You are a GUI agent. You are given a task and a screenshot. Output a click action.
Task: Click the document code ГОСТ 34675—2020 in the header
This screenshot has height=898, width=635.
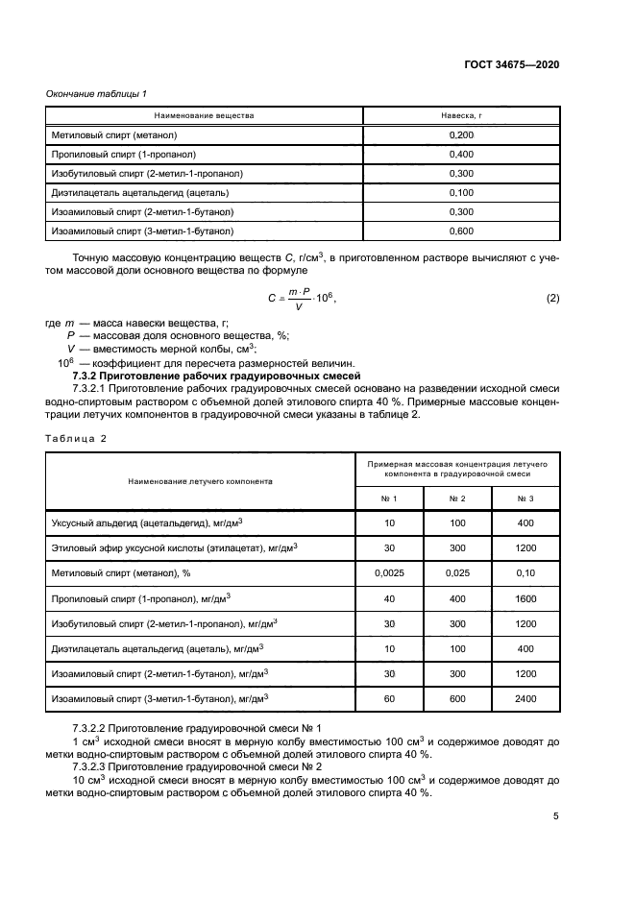[x=514, y=64]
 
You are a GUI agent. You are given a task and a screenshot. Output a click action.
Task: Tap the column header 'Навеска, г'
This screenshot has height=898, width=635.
[x=461, y=115]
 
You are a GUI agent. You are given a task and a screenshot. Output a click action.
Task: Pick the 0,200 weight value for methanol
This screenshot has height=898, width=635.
[x=461, y=135]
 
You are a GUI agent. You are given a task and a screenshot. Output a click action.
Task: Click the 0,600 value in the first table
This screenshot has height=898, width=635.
[x=461, y=231]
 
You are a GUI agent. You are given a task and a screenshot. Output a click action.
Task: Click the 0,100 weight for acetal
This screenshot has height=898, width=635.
[x=461, y=192]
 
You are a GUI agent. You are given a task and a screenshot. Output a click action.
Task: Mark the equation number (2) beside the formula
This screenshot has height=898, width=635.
[x=552, y=299]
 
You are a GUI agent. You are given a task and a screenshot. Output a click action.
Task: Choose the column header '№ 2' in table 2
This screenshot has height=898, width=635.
[x=457, y=498]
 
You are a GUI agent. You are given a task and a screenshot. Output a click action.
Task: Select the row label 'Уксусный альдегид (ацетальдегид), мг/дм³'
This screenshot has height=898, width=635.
[x=146, y=522]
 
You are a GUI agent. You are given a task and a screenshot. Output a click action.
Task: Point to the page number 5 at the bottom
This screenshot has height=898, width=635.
[x=555, y=816]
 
